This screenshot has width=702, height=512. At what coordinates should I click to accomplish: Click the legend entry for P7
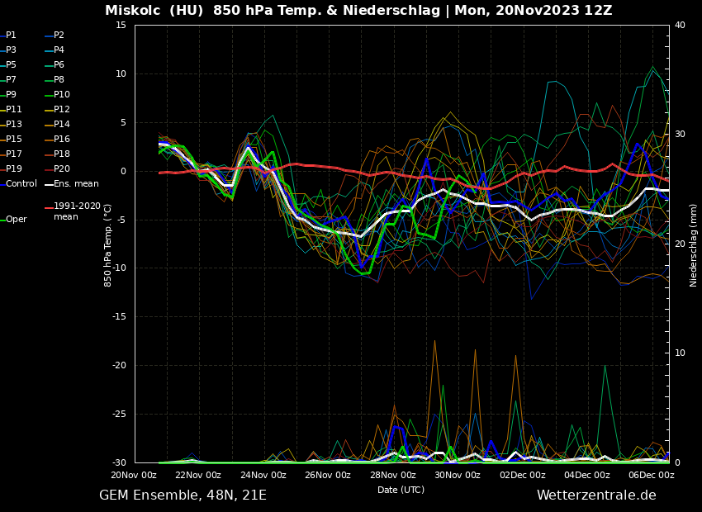11,80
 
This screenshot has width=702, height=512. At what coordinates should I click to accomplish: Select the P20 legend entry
62,169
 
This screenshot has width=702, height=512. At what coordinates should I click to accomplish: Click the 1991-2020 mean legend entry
77,211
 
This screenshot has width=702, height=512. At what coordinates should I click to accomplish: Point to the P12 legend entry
62,110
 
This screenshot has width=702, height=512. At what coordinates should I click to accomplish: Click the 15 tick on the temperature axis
121,26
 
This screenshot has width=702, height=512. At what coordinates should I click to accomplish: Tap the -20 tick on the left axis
119,366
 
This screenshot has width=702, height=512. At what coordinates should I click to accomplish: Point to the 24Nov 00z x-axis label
263,475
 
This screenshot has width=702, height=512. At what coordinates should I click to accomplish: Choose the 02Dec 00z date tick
523,475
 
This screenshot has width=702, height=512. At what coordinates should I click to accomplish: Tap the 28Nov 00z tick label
393,475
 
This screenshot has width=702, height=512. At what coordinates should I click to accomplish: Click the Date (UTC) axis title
401,490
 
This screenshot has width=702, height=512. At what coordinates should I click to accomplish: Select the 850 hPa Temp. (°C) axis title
108,245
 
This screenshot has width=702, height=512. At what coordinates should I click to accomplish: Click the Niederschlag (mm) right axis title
694,245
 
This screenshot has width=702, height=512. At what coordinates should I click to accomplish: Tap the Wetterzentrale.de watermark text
596,495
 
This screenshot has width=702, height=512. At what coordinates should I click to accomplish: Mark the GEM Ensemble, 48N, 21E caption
183,495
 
